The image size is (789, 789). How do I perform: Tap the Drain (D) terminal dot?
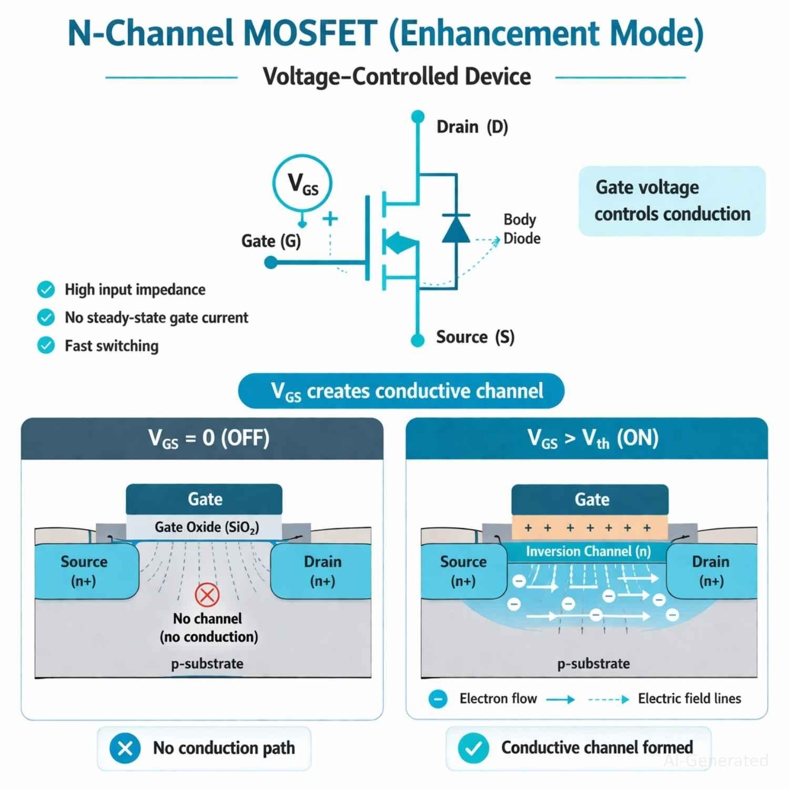pos(418,116)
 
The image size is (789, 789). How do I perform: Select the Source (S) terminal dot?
pos(418,340)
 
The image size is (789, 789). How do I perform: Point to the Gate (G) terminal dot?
pos(271,262)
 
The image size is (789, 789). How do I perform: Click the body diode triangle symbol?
pos(456,229)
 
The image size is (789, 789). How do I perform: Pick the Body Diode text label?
pos(521,229)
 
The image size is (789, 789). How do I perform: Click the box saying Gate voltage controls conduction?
pos(672,201)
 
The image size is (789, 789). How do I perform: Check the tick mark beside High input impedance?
pos(46,289)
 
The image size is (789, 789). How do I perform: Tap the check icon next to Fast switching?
pos(46,346)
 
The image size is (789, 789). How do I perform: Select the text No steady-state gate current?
pos(156,318)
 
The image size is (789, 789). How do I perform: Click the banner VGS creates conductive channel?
pos(401,391)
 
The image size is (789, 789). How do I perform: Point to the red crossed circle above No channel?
pos(207,595)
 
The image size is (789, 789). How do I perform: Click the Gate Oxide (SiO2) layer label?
pos(206,527)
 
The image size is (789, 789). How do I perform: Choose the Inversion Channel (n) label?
pos(588,551)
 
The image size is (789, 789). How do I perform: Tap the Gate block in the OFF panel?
pos(204,499)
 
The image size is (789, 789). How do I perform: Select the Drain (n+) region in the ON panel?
pos(711,571)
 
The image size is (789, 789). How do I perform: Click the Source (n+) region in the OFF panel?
pos(84,571)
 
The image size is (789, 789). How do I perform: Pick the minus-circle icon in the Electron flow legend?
pos(438,699)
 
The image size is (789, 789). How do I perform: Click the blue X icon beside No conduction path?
pos(125,748)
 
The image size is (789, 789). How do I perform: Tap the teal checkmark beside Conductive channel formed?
pos(473,748)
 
